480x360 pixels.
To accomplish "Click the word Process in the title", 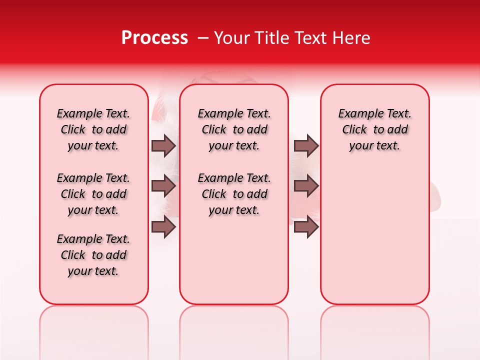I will (x=154, y=38).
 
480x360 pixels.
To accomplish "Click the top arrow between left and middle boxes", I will (x=163, y=145).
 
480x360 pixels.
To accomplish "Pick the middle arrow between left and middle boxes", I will (x=163, y=186).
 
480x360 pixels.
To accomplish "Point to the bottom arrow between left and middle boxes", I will (x=163, y=226).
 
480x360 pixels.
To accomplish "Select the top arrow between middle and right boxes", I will (x=306, y=145).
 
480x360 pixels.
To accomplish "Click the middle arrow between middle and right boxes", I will (x=306, y=186).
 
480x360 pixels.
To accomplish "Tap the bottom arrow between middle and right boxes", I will (x=306, y=226).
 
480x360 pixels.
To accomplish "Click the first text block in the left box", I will (x=93, y=129).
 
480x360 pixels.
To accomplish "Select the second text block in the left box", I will (x=93, y=194).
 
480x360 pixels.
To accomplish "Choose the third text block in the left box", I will (x=93, y=255).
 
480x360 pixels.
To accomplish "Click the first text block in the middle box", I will (x=234, y=129).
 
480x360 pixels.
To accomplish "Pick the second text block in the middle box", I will (x=234, y=194).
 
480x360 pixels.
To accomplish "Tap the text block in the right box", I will (x=375, y=129).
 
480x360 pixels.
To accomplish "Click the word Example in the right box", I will (x=356, y=114).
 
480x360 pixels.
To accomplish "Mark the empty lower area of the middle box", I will (x=234, y=260).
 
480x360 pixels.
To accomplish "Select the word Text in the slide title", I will (x=309, y=38).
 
